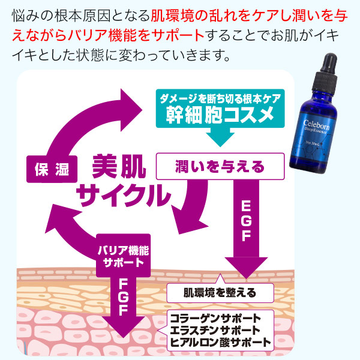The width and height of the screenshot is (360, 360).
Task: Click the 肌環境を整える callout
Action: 220,293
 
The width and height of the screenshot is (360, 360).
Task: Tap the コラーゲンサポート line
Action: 220,318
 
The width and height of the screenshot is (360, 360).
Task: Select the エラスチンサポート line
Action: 220,331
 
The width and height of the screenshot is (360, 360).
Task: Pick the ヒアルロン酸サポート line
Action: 220,343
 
